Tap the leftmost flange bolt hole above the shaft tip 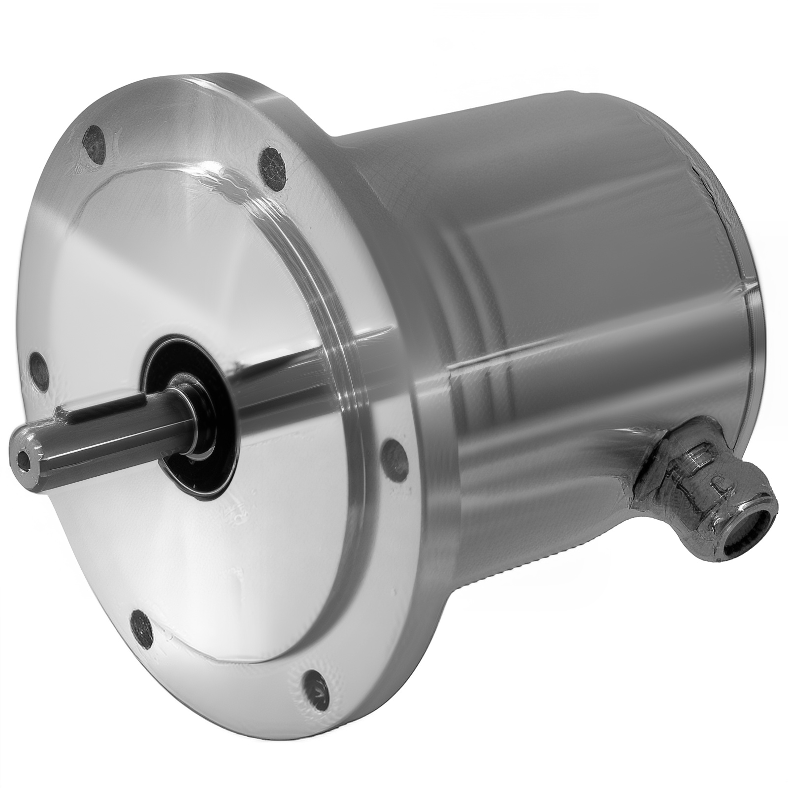pyautogui.click(x=38, y=367)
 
